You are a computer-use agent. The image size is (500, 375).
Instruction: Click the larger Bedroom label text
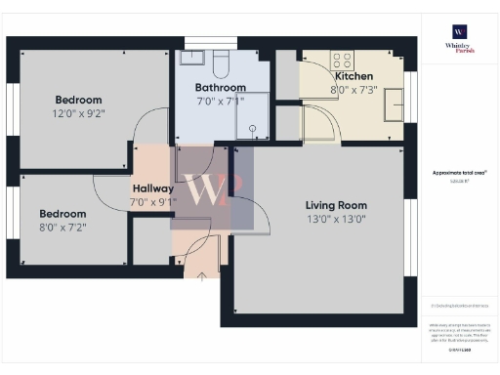78,101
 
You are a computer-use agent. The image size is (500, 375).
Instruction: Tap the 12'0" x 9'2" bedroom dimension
78,114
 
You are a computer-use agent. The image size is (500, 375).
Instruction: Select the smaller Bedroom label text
62,213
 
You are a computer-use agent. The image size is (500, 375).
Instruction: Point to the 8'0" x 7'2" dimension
62,227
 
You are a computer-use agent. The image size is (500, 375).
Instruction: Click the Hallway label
153,188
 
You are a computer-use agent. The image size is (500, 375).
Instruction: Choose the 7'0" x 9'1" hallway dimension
153,202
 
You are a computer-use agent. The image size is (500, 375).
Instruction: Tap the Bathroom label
220,87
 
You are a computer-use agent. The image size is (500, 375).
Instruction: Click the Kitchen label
354,76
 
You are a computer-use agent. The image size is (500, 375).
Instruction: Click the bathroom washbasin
191,58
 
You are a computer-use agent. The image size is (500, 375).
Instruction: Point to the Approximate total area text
459,172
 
